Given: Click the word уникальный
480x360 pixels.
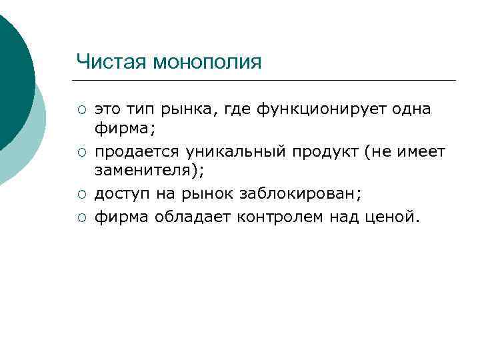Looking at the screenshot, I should click(x=239, y=152).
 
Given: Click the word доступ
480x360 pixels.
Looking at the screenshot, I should click(x=119, y=195).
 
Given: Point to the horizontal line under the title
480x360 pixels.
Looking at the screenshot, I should click(x=267, y=81).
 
